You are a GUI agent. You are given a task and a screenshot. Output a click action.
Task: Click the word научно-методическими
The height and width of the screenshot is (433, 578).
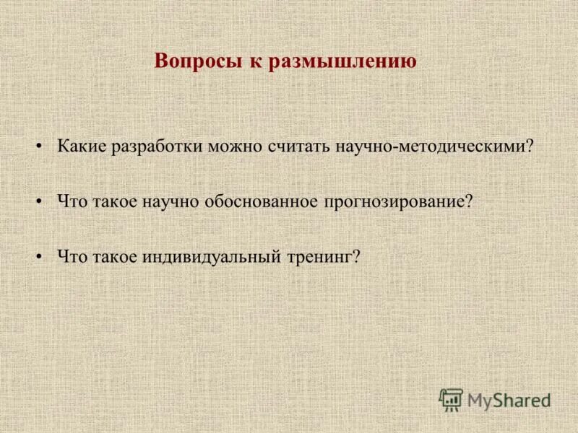tap(431, 146)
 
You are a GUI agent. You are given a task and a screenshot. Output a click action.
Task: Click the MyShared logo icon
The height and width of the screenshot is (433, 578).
tap(451, 399)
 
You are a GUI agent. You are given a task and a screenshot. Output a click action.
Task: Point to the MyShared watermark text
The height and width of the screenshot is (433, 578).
tap(509, 399)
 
